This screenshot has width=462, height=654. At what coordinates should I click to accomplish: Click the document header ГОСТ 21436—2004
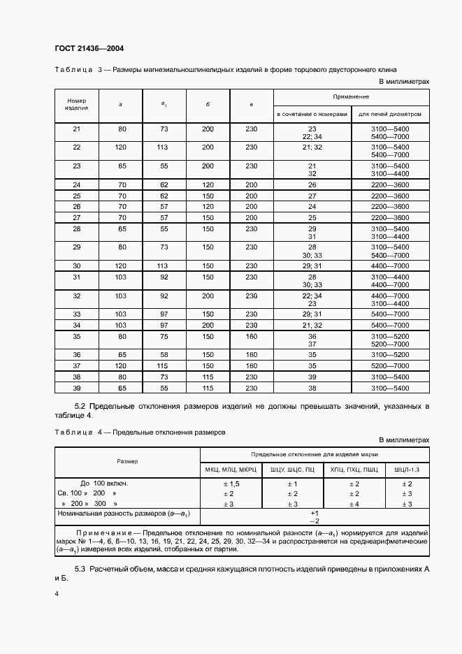[x=89, y=48]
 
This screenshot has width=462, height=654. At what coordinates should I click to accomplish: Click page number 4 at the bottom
[x=55, y=594]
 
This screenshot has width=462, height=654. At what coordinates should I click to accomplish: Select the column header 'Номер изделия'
[x=76, y=104]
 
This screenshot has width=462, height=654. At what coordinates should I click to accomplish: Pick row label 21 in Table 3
[x=77, y=129]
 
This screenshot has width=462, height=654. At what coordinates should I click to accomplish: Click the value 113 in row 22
[x=164, y=147]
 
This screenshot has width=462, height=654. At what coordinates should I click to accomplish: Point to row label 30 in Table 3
[x=77, y=266]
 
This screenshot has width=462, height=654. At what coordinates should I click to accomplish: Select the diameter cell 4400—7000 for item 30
[x=390, y=266]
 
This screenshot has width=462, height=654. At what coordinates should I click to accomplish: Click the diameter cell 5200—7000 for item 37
[x=390, y=365]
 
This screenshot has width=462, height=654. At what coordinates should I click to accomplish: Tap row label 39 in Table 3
[x=77, y=388]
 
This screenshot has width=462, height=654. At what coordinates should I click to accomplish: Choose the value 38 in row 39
[x=312, y=388]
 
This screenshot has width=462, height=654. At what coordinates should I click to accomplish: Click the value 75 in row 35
[x=164, y=336]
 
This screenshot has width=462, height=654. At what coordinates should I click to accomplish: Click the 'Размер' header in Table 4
[x=127, y=461]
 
